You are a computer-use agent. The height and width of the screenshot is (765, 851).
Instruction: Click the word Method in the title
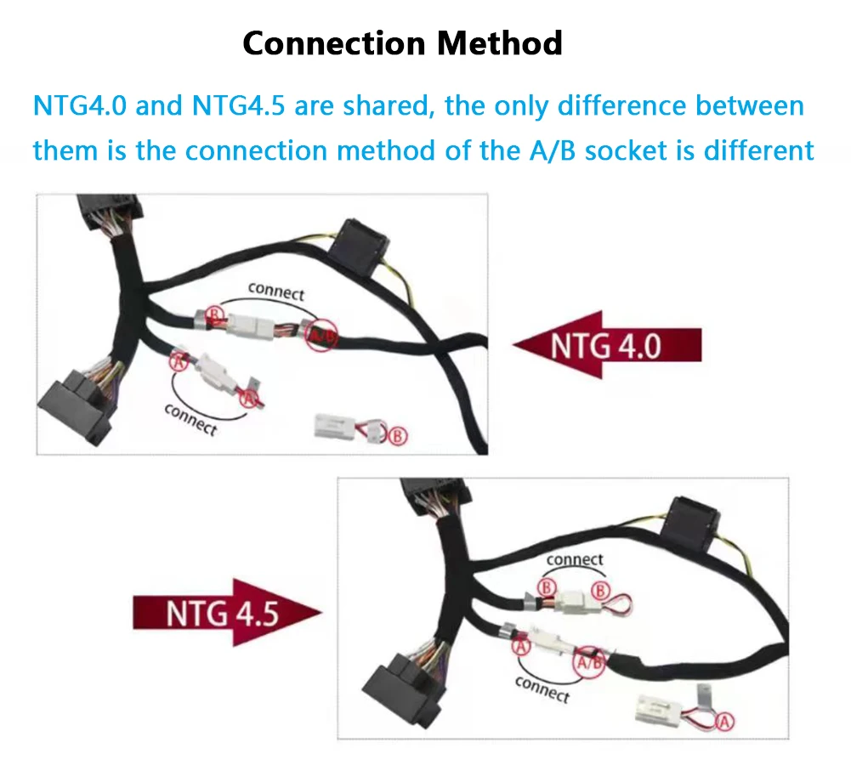tap(499, 43)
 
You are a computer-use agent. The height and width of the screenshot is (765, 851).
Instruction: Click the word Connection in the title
tap(334, 43)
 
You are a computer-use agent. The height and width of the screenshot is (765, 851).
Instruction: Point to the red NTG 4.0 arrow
tap(607, 345)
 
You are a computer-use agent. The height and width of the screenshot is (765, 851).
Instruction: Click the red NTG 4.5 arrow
tap(227, 613)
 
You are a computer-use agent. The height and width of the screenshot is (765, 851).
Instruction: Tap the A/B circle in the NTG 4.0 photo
tap(321, 334)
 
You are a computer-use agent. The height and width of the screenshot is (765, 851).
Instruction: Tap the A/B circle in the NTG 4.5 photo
tap(590, 662)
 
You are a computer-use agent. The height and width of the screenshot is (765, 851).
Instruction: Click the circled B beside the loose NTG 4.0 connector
tap(398, 436)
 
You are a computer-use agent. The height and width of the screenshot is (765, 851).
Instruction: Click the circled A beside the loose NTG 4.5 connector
tap(725, 722)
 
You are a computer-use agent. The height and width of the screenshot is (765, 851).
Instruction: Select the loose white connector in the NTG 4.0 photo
tap(351, 427)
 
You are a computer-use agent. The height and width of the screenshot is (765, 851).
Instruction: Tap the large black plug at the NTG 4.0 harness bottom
tap(76, 405)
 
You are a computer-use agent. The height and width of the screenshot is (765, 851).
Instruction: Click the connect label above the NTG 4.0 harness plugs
tap(276, 292)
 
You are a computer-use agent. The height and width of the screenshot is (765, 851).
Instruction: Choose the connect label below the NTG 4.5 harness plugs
tap(542, 689)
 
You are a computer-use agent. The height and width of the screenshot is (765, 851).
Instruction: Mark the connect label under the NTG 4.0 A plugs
tap(190, 419)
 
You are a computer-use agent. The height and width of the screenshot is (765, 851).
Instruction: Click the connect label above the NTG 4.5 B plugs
tap(575, 559)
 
